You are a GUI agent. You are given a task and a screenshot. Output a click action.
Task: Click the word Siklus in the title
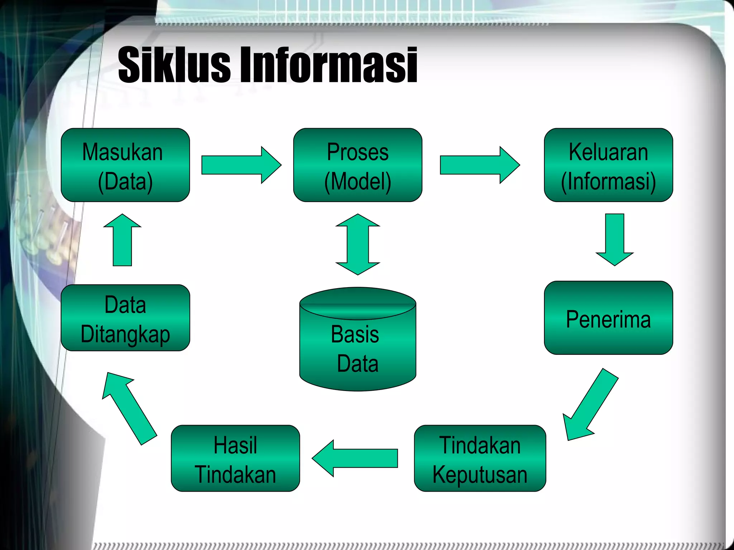[x=174, y=64]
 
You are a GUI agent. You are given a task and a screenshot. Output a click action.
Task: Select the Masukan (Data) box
[x=125, y=165]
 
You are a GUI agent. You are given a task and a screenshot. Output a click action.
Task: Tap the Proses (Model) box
[x=357, y=165]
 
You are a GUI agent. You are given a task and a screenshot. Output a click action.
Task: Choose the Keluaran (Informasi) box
[x=608, y=165]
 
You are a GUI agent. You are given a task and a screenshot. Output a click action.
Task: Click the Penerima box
[x=608, y=318]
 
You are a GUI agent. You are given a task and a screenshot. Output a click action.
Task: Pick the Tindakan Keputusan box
[x=480, y=458]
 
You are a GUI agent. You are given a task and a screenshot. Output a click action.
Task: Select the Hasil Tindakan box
[x=235, y=458]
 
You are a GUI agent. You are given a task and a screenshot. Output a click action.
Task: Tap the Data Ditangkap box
[x=125, y=318]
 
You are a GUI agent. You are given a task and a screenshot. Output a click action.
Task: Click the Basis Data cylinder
[x=357, y=344]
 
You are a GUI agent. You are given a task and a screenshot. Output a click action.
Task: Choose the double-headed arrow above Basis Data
[x=357, y=244]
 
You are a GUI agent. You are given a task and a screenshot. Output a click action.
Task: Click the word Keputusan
[x=480, y=475]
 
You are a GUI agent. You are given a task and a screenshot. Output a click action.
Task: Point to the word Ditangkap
[x=125, y=334]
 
